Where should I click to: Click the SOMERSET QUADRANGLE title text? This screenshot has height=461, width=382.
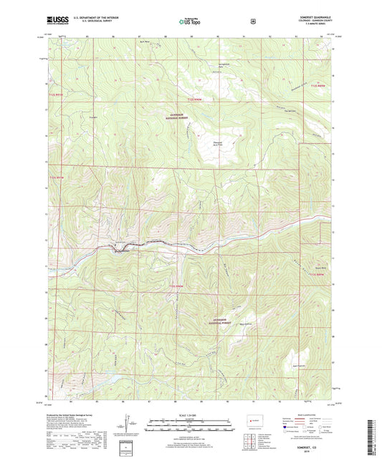(319, 11)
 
